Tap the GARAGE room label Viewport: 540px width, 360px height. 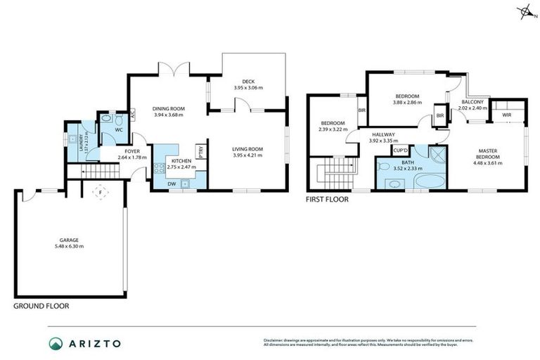[x=68, y=240]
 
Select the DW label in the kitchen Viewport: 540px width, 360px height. [x=172, y=184]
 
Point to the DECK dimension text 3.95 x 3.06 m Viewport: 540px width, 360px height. [x=247, y=88]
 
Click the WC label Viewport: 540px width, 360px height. [x=119, y=130]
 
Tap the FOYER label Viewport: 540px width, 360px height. [x=131, y=151]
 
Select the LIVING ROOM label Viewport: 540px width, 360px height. [x=247, y=148]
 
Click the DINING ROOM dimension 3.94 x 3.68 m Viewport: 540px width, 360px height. [x=169, y=115]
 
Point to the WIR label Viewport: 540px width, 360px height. [x=506, y=114]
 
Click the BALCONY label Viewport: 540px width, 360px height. [x=472, y=102]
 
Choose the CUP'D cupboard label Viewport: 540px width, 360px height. [x=401, y=150]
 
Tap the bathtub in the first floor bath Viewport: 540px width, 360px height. [x=428, y=184]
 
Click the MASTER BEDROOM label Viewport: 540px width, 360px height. [x=488, y=153]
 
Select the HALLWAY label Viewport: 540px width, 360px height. [x=383, y=134]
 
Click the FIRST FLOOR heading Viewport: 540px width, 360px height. [x=327, y=199]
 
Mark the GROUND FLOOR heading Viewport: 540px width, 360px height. [x=41, y=306]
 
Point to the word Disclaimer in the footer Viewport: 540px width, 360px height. [x=276, y=339]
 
